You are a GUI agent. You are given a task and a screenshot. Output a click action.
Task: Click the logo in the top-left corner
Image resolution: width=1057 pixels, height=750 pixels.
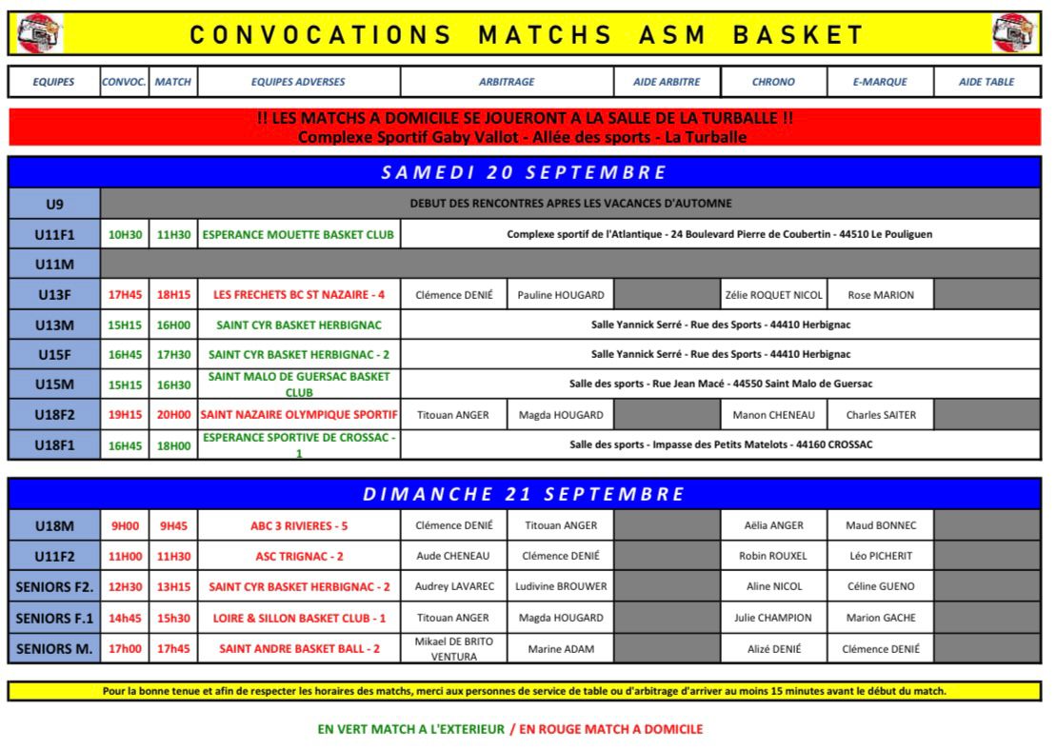[36, 34]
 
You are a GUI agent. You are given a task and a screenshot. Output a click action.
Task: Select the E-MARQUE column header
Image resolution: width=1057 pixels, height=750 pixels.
[880, 82]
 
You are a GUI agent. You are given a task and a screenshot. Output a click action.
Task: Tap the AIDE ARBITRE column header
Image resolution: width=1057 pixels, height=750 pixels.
[667, 82]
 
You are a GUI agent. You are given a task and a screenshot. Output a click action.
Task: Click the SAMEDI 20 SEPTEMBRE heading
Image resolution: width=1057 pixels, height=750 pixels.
[524, 172]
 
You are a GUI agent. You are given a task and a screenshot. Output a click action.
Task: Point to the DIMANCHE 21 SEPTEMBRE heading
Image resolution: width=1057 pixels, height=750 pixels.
[524, 493]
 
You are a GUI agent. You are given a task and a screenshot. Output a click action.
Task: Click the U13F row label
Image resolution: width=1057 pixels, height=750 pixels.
[53, 294]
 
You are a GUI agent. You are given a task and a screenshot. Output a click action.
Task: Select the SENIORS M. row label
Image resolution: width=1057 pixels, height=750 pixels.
[54, 649]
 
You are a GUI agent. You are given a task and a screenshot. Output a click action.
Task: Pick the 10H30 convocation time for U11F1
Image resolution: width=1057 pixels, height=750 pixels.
[125, 234]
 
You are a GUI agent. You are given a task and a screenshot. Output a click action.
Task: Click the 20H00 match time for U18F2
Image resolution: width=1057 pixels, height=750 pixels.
[173, 415]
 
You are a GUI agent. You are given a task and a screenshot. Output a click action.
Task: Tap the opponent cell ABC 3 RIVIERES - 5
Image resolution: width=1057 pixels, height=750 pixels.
[299, 525]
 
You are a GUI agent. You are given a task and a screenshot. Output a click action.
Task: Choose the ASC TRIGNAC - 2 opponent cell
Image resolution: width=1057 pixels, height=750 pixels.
[299, 556]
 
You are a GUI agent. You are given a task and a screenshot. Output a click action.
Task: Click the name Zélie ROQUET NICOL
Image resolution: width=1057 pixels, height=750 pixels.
[773, 295]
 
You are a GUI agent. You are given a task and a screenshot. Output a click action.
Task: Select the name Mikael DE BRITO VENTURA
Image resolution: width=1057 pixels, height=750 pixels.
[453, 649]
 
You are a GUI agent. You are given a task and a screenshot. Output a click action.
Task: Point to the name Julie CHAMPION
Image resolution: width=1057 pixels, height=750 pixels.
[773, 618]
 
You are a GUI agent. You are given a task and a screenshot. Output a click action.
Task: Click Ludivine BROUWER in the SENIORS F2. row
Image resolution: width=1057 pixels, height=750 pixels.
[560, 586]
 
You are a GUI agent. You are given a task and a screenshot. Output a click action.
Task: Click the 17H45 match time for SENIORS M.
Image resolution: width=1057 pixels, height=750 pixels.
[173, 649]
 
